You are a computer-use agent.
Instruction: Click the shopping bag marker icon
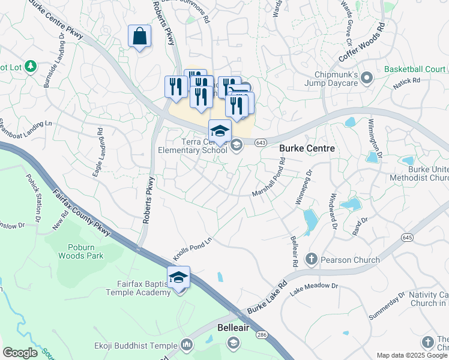coord(140,37)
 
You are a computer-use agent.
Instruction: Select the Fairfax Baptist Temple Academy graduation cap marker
coord(178,278)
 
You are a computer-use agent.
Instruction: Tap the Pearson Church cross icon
coord(311,260)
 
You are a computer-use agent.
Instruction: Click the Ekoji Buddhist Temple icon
coord(186,345)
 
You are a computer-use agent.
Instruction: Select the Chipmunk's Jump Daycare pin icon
coord(370,78)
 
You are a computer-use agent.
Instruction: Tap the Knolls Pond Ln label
coord(193,247)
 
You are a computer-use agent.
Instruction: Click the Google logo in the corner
coord(20,353)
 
